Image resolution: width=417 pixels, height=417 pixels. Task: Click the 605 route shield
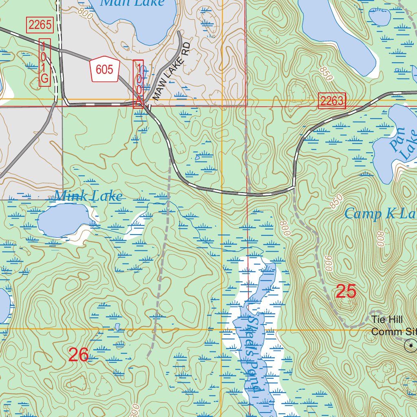point(104,69)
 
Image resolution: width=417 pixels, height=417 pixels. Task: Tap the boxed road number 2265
point(40,25)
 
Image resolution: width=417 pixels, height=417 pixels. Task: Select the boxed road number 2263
point(331,101)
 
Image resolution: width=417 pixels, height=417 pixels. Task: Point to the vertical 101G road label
point(45,63)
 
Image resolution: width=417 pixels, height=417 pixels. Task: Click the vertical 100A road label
point(138,83)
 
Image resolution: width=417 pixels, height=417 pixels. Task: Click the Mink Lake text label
point(88,196)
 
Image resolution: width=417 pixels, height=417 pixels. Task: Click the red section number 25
point(346,292)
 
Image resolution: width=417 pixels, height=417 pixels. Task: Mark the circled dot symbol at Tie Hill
point(410,346)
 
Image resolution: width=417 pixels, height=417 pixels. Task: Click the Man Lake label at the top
point(132,2)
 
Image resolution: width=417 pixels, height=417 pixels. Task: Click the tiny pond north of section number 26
point(118,327)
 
